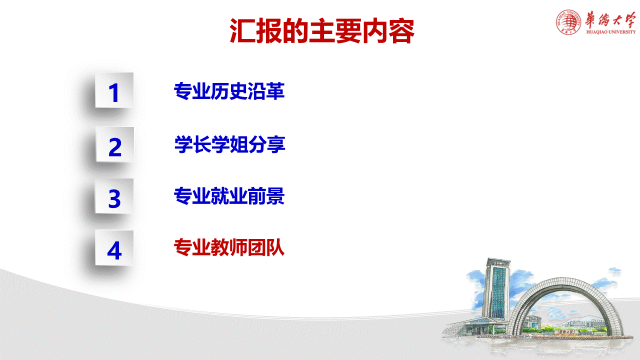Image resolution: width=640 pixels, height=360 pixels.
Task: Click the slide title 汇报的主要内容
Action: click(x=322, y=31)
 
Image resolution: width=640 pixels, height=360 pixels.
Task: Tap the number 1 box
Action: click(x=114, y=90)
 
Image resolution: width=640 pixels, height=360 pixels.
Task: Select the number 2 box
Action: click(x=115, y=144)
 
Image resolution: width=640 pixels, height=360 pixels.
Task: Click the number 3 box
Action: click(x=114, y=196)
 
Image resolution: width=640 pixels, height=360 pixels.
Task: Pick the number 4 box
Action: click(x=114, y=247)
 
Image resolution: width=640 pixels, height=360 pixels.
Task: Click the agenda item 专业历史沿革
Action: click(x=229, y=91)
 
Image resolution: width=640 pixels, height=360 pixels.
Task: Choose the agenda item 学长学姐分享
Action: click(x=229, y=144)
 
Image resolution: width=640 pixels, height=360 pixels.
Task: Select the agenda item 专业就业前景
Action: click(x=229, y=196)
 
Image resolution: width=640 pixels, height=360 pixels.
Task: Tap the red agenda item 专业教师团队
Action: click(x=229, y=247)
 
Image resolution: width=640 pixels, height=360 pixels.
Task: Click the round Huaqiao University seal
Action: click(x=568, y=22)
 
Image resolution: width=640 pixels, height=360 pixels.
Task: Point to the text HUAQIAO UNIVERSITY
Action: click(x=611, y=32)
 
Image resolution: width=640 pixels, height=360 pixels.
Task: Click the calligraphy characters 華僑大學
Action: click(x=610, y=19)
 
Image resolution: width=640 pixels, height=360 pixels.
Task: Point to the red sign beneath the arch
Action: click(x=566, y=331)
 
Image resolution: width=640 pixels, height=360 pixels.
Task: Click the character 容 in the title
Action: click(x=401, y=31)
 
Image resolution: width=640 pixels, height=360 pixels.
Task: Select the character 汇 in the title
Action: click(x=242, y=31)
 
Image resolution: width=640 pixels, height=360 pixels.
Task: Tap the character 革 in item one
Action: click(x=275, y=91)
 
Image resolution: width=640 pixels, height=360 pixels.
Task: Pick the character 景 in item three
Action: click(x=275, y=196)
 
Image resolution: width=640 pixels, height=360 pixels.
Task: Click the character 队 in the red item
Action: click(x=275, y=247)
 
